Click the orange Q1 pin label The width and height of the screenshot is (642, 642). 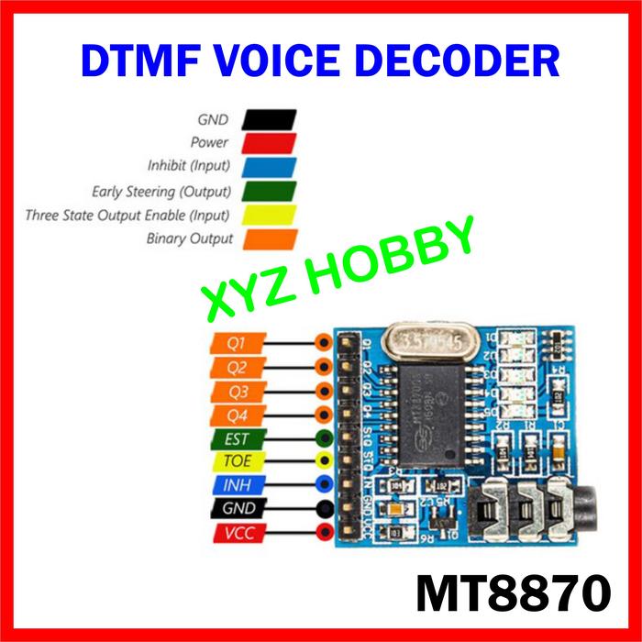click(236, 342)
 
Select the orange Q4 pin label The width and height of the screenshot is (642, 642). click(236, 414)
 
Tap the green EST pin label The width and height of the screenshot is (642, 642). click(236, 437)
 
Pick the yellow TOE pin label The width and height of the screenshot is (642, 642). click(236, 460)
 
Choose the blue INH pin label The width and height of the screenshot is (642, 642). click(236, 484)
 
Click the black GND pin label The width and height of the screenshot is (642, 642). click(236, 508)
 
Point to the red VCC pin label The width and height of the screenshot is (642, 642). click(236, 533)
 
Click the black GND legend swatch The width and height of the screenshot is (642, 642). click(270, 119)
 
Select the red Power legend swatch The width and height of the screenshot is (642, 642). click(270, 143)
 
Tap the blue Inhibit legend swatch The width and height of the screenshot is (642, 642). click(270, 167)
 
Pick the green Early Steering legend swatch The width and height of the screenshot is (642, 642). click(270, 192)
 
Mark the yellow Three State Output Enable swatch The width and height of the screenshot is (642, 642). click(270, 216)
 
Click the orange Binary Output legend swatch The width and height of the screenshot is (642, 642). click(270, 239)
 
